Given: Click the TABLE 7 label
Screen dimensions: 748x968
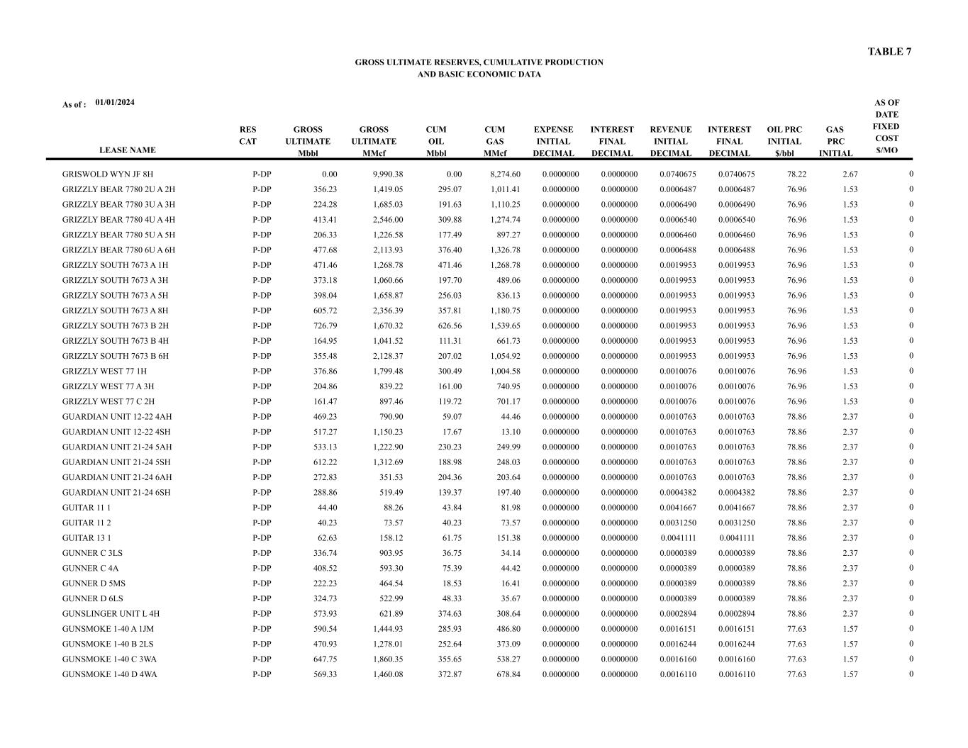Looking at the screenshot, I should pyautogui.click(x=889, y=52).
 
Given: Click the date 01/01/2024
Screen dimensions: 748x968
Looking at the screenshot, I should pyautogui.click(x=115, y=102).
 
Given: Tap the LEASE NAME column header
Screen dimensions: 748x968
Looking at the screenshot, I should pyautogui.click(x=127, y=150).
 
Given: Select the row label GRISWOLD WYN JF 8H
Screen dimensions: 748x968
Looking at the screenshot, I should pyautogui.click(x=108, y=174).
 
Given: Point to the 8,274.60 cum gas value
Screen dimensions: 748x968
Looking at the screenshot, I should pyautogui.click(x=505, y=174).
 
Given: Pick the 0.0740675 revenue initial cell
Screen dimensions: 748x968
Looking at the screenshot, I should pyautogui.click(x=677, y=174).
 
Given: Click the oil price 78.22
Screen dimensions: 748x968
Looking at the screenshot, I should pyautogui.click(x=796, y=174).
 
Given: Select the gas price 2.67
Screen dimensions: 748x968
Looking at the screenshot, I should pyautogui.click(x=850, y=174).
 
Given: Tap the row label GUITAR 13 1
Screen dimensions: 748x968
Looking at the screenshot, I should pyautogui.click(x=87, y=538).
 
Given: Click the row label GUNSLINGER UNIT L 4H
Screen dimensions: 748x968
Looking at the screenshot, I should pyautogui.click(x=111, y=614).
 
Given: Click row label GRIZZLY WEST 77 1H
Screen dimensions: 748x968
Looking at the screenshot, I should pyautogui.click(x=104, y=372).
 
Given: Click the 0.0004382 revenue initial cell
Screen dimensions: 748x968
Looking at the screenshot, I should pyautogui.click(x=677, y=493).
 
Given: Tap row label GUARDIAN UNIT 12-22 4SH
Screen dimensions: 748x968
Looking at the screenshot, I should pyautogui.click(x=116, y=432).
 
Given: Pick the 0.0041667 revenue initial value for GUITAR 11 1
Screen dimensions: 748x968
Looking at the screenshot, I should pyautogui.click(x=677, y=508).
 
